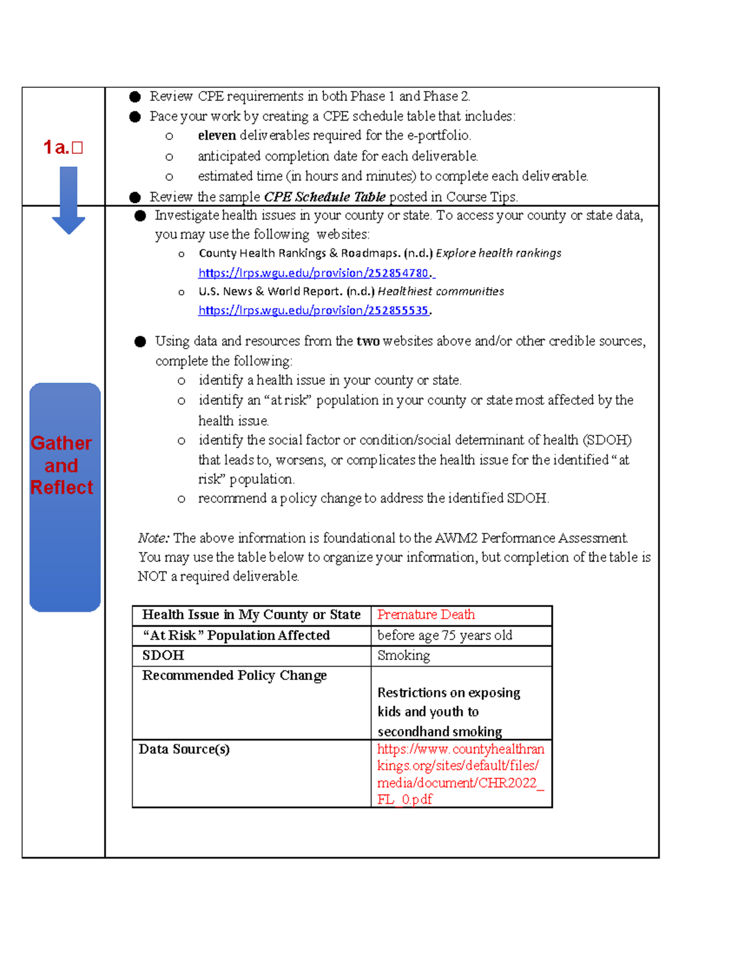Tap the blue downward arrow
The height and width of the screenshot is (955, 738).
point(68,200)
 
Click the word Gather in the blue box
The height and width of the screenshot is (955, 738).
point(61,443)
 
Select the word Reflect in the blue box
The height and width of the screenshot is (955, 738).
point(61,487)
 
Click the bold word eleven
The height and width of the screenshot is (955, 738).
point(216,135)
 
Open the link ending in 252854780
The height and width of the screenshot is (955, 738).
point(315,272)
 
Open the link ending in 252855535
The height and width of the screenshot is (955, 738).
point(314,310)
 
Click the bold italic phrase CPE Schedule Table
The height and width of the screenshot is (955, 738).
point(324,197)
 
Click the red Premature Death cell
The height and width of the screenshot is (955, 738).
point(426,614)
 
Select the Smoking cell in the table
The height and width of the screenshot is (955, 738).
point(403,655)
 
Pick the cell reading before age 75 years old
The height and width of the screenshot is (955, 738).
point(444,635)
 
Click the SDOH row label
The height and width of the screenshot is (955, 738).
point(163,655)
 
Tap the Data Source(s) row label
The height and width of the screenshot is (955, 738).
point(184,748)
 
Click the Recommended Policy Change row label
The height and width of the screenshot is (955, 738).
point(234,675)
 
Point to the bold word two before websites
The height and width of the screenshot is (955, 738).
point(368,341)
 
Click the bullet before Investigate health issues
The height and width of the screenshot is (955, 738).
point(140,216)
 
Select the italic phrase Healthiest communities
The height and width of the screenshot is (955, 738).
point(440,291)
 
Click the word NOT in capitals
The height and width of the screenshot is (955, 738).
point(152,576)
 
